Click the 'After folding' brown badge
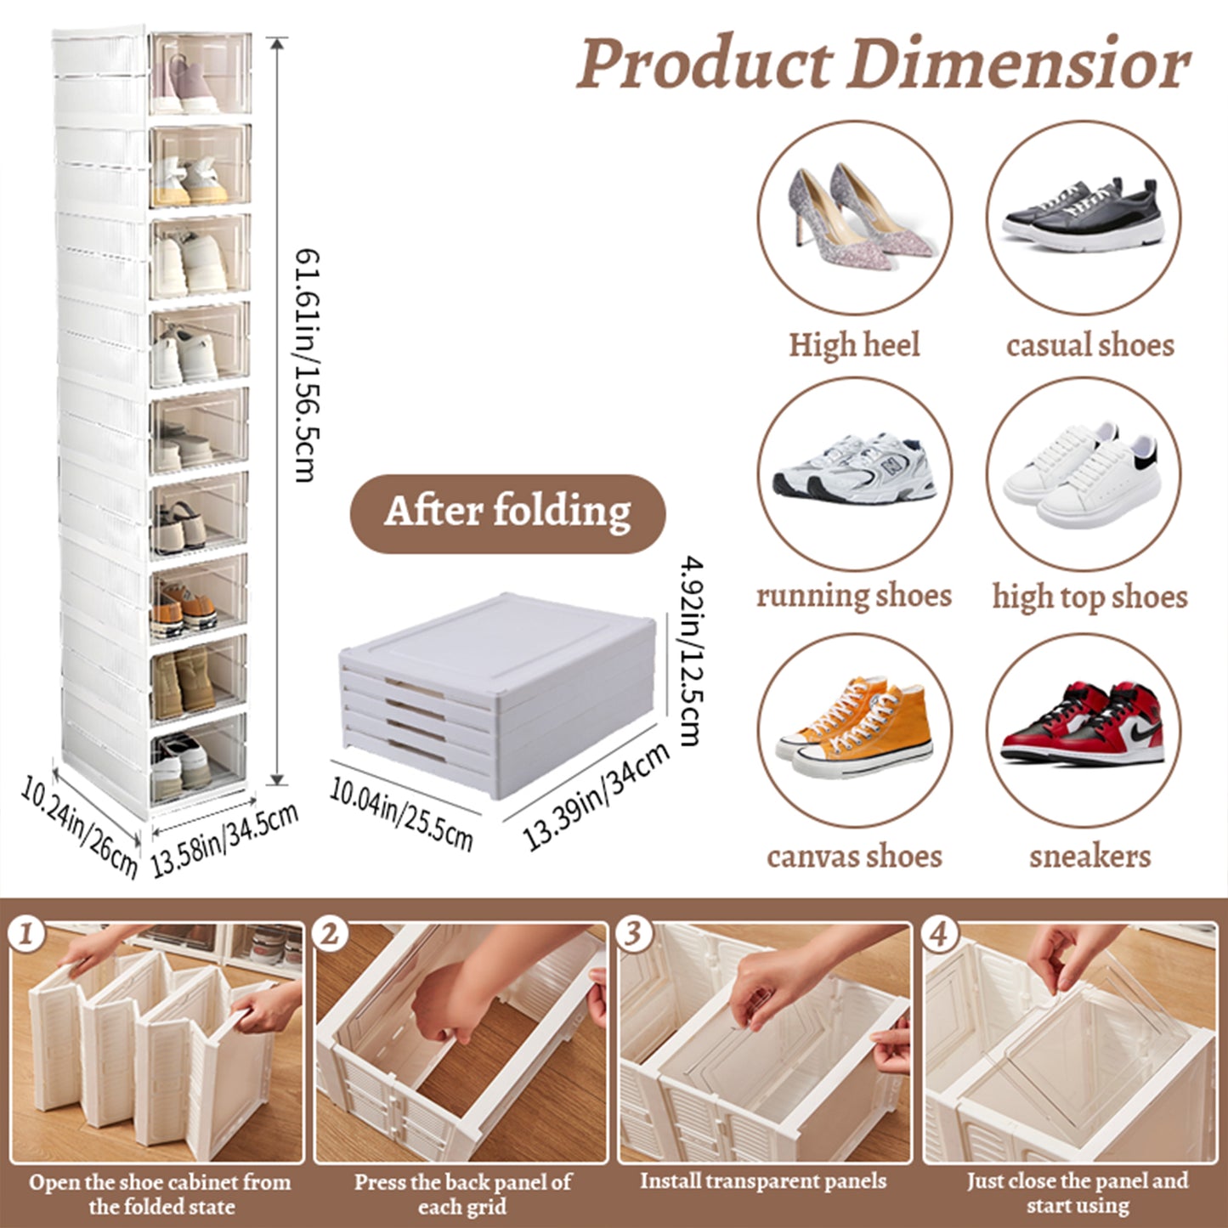(507, 512)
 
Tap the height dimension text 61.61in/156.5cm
(305, 365)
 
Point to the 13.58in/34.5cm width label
(224, 840)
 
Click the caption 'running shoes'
(854, 596)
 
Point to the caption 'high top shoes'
(1089, 597)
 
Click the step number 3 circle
(633, 934)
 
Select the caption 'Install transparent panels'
(762, 1181)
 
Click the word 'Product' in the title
(705, 65)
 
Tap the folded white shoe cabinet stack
(497, 693)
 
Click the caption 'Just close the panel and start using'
(1077, 1193)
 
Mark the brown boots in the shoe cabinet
(184, 681)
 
